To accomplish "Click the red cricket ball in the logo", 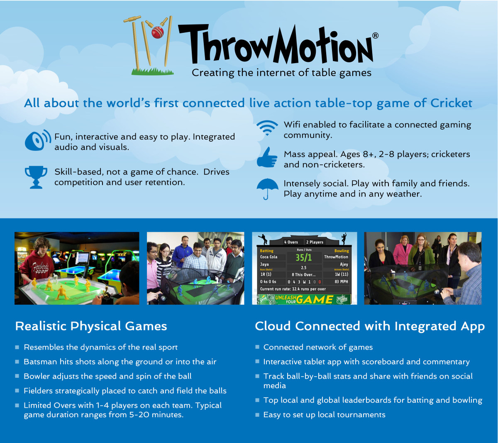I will pyautogui.click(x=157, y=32).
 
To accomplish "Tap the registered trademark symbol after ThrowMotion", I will pyautogui.click(x=375, y=36).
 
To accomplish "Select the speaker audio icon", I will pyautogui.click(x=37, y=140).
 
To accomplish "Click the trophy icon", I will pyautogui.click(x=36, y=177).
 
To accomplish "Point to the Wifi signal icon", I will pyautogui.click(x=267, y=128).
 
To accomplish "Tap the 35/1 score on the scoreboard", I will pyautogui.click(x=304, y=257).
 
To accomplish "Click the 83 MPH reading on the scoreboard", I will pyautogui.click(x=341, y=281).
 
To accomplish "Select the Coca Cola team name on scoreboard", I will pyautogui.click(x=269, y=257).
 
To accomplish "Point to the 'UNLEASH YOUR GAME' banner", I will pyautogui.click(x=304, y=299).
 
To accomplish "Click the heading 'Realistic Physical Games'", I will pyautogui.click(x=91, y=326).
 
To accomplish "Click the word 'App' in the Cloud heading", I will pyautogui.click(x=473, y=327).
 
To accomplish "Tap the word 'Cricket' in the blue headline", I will pyautogui.click(x=451, y=103).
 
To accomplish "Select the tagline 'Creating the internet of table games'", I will pyautogui.click(x=281, y=73).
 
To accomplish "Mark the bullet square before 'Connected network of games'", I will pyautogui.click(x=257, y=347).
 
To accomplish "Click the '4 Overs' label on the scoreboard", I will pyautogui.click(x=291, y=242).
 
